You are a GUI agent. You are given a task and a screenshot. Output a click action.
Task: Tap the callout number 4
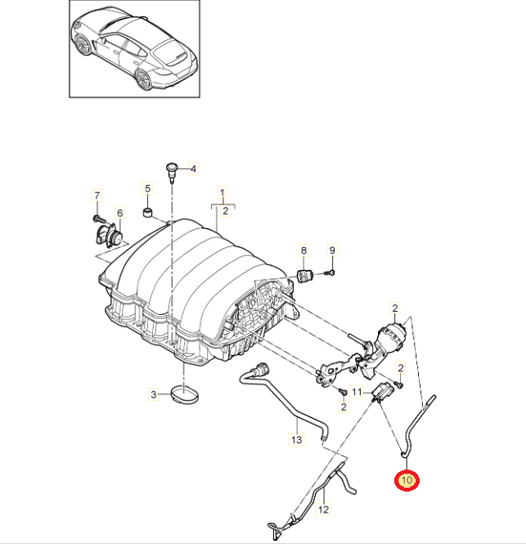tap(194, 169)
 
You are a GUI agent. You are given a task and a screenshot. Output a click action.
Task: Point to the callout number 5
tap(148, 189)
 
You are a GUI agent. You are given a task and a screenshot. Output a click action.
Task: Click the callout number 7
tap(96, 196)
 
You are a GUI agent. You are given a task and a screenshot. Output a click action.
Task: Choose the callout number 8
tap(303, 250)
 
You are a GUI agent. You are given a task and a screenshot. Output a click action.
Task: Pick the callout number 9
tap(332, 250)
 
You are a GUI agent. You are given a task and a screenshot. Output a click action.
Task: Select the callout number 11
tap(357, 393)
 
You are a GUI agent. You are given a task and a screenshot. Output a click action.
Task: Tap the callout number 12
tap(323, 510)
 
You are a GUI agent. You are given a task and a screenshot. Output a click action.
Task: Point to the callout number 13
tap(296, 439)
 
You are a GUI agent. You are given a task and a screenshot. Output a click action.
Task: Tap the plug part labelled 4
tap(172, 170)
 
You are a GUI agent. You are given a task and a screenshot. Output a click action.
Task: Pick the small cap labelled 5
tap(149, 214)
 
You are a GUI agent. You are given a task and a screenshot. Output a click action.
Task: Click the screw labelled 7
tap(97, 218)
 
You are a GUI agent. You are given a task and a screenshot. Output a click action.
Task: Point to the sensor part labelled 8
tap(305, 274)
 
